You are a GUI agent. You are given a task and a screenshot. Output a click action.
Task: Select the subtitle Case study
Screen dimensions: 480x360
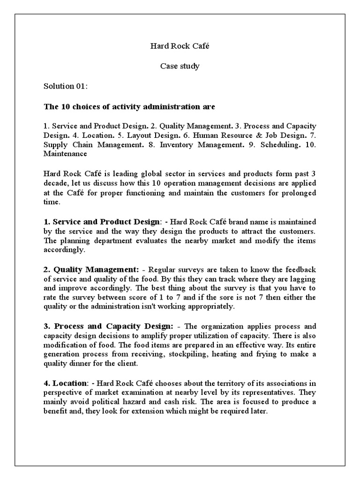pos(180,66)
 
